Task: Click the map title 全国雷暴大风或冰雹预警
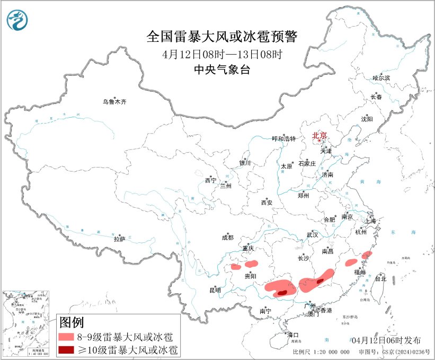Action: tap(222, 37)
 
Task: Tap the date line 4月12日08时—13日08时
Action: tap(222, 54)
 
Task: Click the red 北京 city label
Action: tap(319, 136)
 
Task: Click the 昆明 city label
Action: tap(215, 291)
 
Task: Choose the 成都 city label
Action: tap(228, 238)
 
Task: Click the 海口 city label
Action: tap(293, 335)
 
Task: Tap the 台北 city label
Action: tap(380, 278)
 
